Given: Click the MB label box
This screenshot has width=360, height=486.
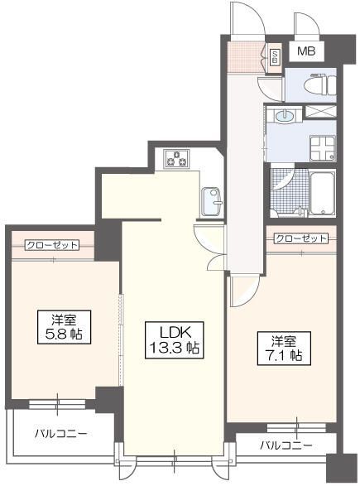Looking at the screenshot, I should (x=306, y=52).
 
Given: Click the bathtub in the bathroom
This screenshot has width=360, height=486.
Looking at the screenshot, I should (x=321, y=194).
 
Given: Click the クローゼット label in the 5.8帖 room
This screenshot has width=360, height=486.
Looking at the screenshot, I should (x=51, y=245).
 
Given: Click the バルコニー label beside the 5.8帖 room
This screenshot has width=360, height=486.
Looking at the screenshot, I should (x=60, y=433).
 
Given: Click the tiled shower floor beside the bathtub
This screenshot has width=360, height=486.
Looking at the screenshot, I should (x=287, y=192).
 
